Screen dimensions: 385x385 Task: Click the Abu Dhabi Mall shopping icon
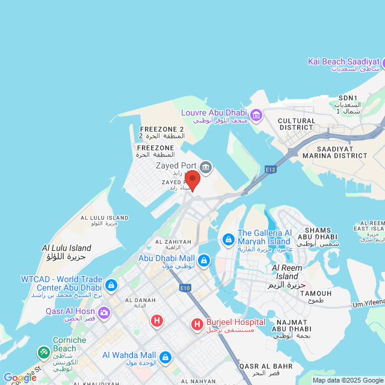point(204,260)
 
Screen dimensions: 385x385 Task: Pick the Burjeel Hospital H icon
point(197,325)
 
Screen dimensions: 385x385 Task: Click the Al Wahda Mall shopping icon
point(165,358)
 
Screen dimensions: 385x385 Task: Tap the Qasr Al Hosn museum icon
point(104,312)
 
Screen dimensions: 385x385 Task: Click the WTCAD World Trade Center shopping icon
point(111,284)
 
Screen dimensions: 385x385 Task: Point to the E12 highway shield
point(270,170)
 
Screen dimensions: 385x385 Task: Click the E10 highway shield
point(185,288)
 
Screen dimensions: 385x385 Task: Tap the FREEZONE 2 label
point(162,129)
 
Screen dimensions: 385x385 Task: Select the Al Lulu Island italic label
point(67,248)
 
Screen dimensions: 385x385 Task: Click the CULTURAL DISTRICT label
point(297,125)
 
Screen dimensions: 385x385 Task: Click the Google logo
point(19,378)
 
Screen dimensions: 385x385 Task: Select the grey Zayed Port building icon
point(206,167)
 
